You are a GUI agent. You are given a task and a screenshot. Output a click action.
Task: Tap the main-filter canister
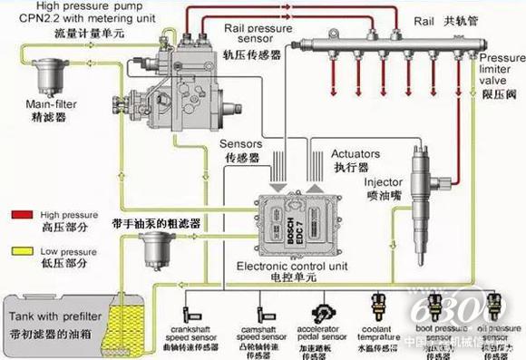[x=43, y=73]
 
